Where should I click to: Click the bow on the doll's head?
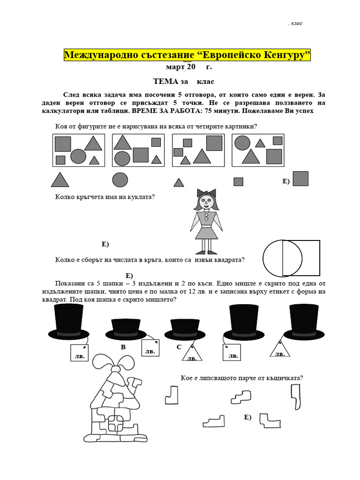pyautogui.click(x=206, y=193)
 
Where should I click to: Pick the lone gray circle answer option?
pyautogui.click(x=120, y=180)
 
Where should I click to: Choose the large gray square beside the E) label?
pyautogui.click(x=300, y=179)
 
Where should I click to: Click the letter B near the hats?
pyautogui.click(x=123, y=347)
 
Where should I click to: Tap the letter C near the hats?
pyautogui.click(x=179, y=347)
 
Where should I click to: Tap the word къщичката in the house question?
pyautogui.click(x=283, y=378)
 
